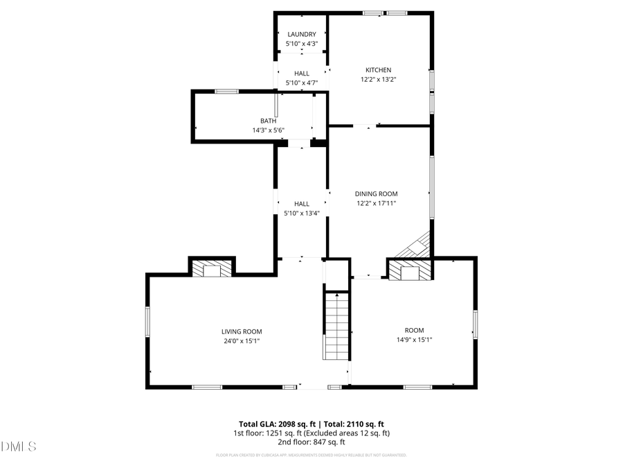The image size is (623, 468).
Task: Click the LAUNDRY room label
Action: (x=302, y=34)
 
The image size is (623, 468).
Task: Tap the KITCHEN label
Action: (x=379, y=70)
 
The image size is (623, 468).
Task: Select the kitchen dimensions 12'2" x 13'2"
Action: (x=379, y=79)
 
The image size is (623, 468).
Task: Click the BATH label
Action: (x=268, y=121)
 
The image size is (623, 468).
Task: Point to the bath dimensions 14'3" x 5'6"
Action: (x=268, y=130)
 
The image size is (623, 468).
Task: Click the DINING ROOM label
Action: (x=377, y=194)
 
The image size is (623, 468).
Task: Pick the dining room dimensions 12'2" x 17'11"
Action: (x=377, y=203)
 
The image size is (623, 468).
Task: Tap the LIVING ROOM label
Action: (x=242, y=331)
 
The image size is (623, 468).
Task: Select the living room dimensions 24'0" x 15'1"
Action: (x=242, y=340)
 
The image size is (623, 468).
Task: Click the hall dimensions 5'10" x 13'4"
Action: (x=302, y=213)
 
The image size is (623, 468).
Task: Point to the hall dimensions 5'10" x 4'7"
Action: (x=302, y=83)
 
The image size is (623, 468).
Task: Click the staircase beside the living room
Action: (x=336, y=326)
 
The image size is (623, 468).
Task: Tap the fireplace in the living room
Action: (x=212, y=269)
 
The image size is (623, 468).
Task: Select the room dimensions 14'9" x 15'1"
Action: (x=415, y=340)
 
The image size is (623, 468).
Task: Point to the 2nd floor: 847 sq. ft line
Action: (x=311, y=442)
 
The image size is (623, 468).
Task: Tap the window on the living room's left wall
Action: (x=147, y=322)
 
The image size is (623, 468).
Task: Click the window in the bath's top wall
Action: (x=226, y=91)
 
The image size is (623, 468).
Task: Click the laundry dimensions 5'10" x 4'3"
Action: (x=302, y=44)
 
